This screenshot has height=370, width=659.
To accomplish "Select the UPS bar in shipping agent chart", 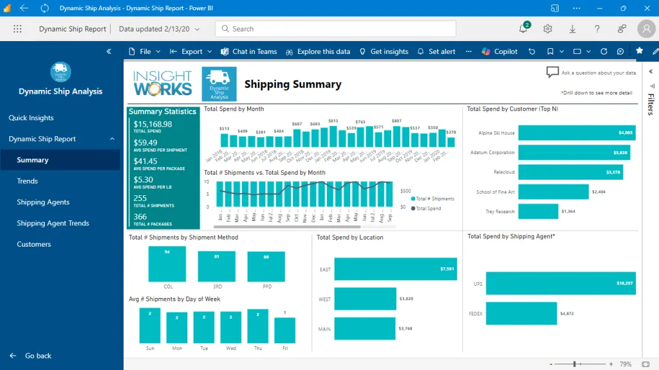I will tap(561, 283).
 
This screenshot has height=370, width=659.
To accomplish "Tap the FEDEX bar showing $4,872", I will tap(521, 313).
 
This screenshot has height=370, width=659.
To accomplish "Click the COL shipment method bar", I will tap(167, 263).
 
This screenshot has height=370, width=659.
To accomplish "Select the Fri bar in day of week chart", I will tap(285, 330).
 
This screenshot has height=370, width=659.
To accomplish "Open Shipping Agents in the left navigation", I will tap(43, 202).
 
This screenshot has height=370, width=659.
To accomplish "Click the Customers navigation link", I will tap(34, 244).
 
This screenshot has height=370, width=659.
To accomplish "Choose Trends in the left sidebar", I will tap(28, 181).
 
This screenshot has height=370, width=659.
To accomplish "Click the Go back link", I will tap(38, 356).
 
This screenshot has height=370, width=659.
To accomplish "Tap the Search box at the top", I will tap(335, 29).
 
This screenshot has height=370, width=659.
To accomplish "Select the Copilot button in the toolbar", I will tap(500, 51).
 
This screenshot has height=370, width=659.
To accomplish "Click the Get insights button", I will tap(384, 51).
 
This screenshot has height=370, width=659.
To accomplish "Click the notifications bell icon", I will tap(523, 29).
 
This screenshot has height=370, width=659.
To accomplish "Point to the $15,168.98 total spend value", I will tap(153, 124).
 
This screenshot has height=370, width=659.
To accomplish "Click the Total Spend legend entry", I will tap(428, 209).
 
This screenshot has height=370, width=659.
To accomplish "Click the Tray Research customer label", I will tap(500, 211).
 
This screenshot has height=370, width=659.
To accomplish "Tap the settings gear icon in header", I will tap(548, 29).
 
